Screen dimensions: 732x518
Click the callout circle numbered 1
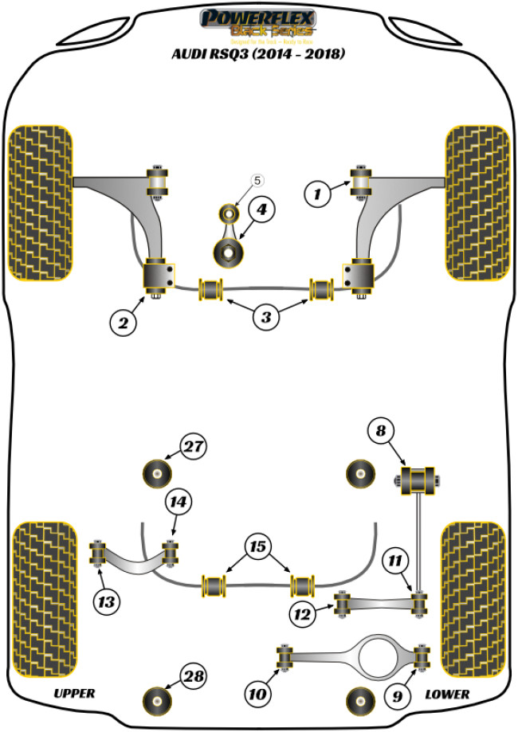[x=318, y=192]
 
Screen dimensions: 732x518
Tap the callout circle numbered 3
[x=266, y=318]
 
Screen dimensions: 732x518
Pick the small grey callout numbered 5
[x=257, y=181]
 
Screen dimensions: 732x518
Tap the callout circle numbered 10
[x=257, y=695]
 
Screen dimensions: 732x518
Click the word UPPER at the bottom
[x=75, y=694]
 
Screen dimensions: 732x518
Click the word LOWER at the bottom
[x=447, y=694]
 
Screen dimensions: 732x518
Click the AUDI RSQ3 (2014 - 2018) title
[x=259, y=55]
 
